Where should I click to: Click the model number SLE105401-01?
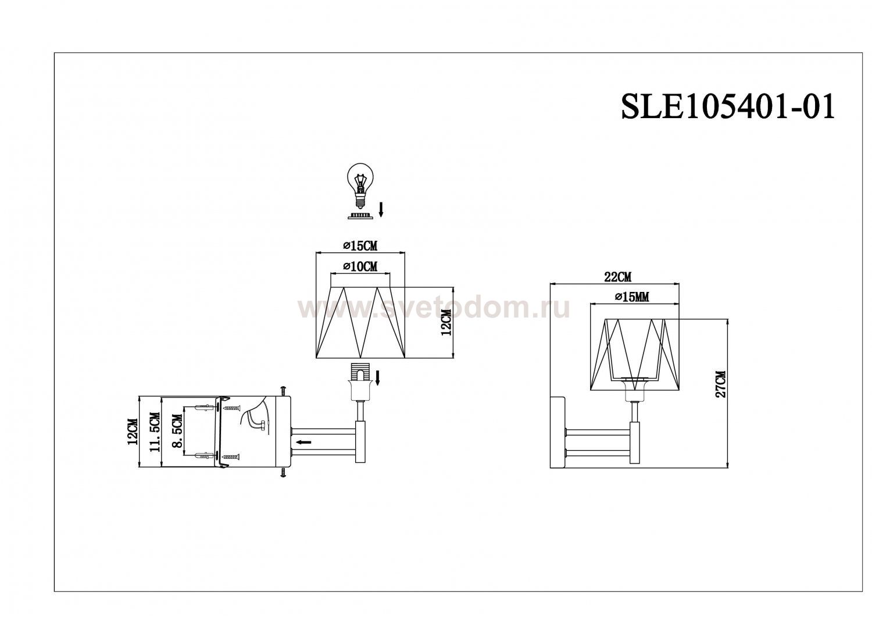728,107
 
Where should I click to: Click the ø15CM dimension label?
360,246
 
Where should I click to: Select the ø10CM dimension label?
360,266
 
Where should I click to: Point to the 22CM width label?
618,277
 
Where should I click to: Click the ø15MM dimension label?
632,297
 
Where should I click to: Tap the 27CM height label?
721,384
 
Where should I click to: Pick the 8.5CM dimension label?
177,431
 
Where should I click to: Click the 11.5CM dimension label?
155,431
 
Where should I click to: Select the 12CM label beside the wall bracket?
133,431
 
